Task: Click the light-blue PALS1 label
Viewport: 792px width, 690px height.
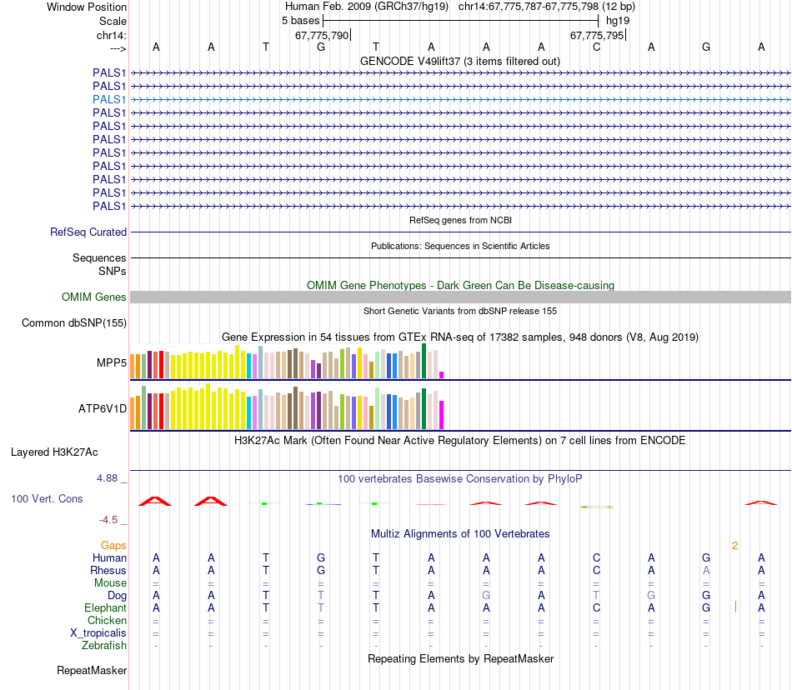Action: tap(109, 99)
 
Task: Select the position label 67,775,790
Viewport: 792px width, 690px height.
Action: tap(322, 36)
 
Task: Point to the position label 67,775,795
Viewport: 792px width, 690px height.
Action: tap(596, 36)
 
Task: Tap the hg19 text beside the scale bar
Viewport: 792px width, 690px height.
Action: tap(618, 20)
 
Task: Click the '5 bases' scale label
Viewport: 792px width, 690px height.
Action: tap(299, 20)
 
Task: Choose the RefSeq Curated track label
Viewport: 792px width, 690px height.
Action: tap(88, 232)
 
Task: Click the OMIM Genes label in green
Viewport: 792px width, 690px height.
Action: tap(94, 297)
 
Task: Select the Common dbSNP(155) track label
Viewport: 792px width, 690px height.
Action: tap(74, 323)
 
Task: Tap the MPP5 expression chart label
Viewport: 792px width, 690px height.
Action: tap(112, 363)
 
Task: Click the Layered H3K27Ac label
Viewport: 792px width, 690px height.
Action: tap(54, 452)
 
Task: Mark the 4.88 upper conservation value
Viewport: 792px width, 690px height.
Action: tap(108, 478)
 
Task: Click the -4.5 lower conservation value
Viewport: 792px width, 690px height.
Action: tap(109, 520)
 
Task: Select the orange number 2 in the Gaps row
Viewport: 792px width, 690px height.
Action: tap(734, 546)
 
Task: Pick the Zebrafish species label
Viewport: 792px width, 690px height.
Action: tap(104, 646)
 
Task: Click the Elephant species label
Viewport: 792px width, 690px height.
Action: tap(105, 608)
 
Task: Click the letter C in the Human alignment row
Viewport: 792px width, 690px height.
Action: tap(596, 557)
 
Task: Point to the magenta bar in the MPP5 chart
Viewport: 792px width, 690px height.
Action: tap(442, 374)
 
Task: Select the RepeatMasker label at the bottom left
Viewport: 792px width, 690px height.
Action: tap(92, 670)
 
